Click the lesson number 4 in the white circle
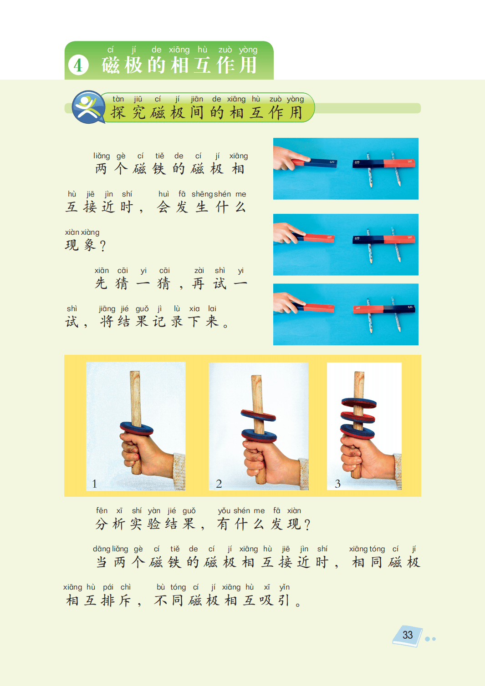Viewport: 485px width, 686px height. [78, 65]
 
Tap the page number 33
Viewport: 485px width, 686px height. [408, 635]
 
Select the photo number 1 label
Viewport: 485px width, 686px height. [94, 484]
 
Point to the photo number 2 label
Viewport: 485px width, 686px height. [219, 484]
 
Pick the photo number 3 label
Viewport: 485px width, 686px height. [337, 484]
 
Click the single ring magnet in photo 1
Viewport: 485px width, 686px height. [137, 429]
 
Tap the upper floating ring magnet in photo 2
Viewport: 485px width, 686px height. [258, 415]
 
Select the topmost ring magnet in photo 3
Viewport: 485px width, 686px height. [359, 403]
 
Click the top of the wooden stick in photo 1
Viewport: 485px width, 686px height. [135, 372]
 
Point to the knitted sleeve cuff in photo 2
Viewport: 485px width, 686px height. [304, 474]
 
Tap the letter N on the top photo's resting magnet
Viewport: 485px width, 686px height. [410, 161]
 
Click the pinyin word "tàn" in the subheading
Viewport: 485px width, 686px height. [118, 99]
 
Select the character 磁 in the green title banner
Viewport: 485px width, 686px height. [111, 65]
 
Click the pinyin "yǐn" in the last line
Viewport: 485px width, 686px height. [285, 587]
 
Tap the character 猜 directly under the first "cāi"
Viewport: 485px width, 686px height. [122, 283]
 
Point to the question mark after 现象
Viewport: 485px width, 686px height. [103, 246]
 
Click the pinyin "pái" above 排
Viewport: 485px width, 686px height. [108, 587]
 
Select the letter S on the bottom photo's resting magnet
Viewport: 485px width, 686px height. [410, 307]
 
